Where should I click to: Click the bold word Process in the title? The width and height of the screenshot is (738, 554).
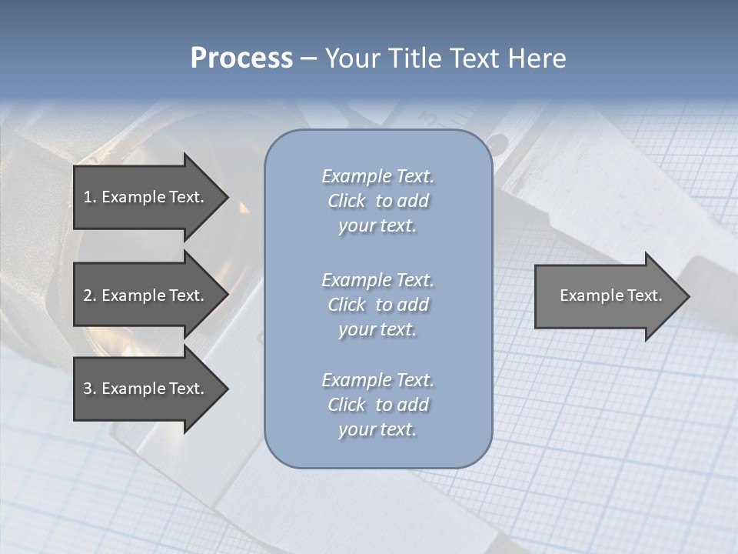241,58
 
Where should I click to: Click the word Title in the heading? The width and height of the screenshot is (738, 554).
414,58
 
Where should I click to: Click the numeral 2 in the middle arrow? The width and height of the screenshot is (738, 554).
88,295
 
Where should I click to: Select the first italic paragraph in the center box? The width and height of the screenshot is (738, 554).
377,201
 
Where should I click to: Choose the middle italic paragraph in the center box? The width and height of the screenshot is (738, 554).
377,304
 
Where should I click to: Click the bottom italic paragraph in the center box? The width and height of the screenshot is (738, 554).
377,405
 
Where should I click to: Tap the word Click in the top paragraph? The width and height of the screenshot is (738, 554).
346,201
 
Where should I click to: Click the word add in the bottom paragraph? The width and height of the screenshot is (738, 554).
414,405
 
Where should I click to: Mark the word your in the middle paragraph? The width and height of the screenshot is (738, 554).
355,329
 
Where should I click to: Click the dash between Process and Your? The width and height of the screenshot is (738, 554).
308,58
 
